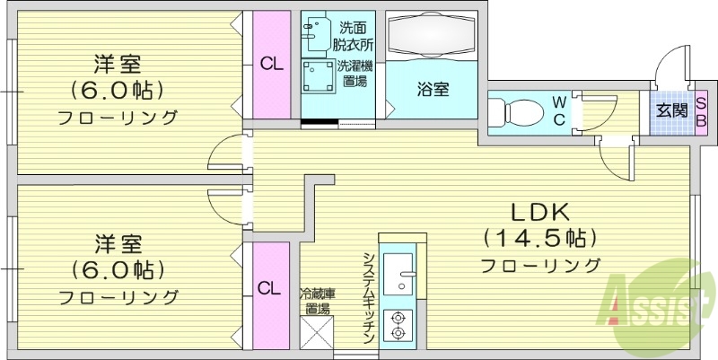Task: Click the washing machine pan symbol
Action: click(x=317, y=78)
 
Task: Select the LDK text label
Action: click(x=541, y=212)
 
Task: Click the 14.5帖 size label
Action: click(x=540, y=238)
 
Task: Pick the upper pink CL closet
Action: click(x=267, y=64)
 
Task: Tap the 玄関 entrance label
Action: click(x=671, y=112)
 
